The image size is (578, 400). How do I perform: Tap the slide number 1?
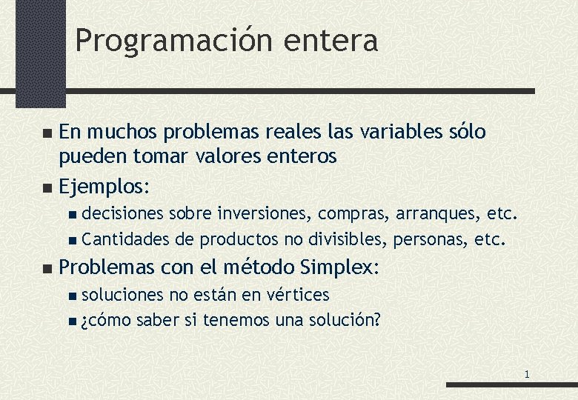pyautogui.click(x=526, y=374)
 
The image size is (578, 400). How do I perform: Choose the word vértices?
pyautogui.click(x=296, y=295)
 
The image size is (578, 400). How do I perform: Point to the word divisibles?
pyautogui.click(x=348, y=239)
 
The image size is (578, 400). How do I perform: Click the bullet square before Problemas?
pyautogui.click(x=48, y=267)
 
